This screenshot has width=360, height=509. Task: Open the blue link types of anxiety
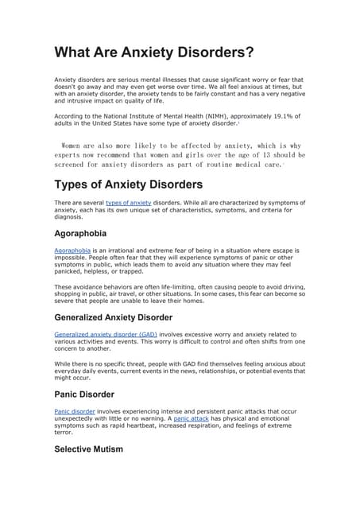(128, 204)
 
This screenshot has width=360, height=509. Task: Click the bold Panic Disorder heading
(84, 394)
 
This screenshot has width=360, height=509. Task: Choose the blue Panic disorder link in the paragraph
(74, 411)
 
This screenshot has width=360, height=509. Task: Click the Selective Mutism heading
(88, 449)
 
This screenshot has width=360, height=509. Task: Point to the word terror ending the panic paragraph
(63, 433)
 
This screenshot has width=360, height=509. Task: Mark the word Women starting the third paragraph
(76, 146)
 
